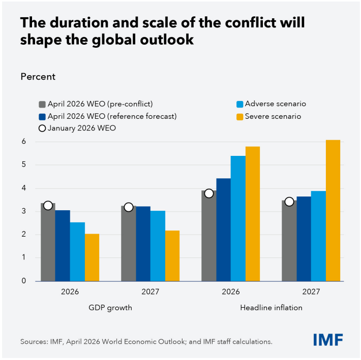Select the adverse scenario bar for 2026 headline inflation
[238, 218]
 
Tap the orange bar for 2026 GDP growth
[92, 257]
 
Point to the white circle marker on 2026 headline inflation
[208, 193]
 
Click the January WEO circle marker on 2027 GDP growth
[128, 207]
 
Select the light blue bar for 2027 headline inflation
[318, 236]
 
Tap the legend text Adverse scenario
[276, 104]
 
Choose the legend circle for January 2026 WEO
[43, 128]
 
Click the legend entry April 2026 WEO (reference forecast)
[112, 116]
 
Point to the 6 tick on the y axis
[23, 142]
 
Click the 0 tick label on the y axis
[23, 281]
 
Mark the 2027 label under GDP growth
[151, 292]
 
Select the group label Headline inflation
[271, 308]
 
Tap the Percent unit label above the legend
[38, 77]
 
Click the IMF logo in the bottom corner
[328, 339]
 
